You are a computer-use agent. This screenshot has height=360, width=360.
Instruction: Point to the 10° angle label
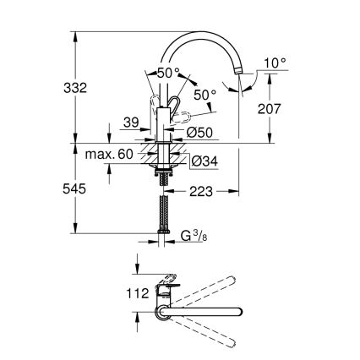(275, 63)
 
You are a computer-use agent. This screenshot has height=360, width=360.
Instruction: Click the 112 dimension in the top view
(112, 294)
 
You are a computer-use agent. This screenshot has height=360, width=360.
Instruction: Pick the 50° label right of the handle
(205, 94)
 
